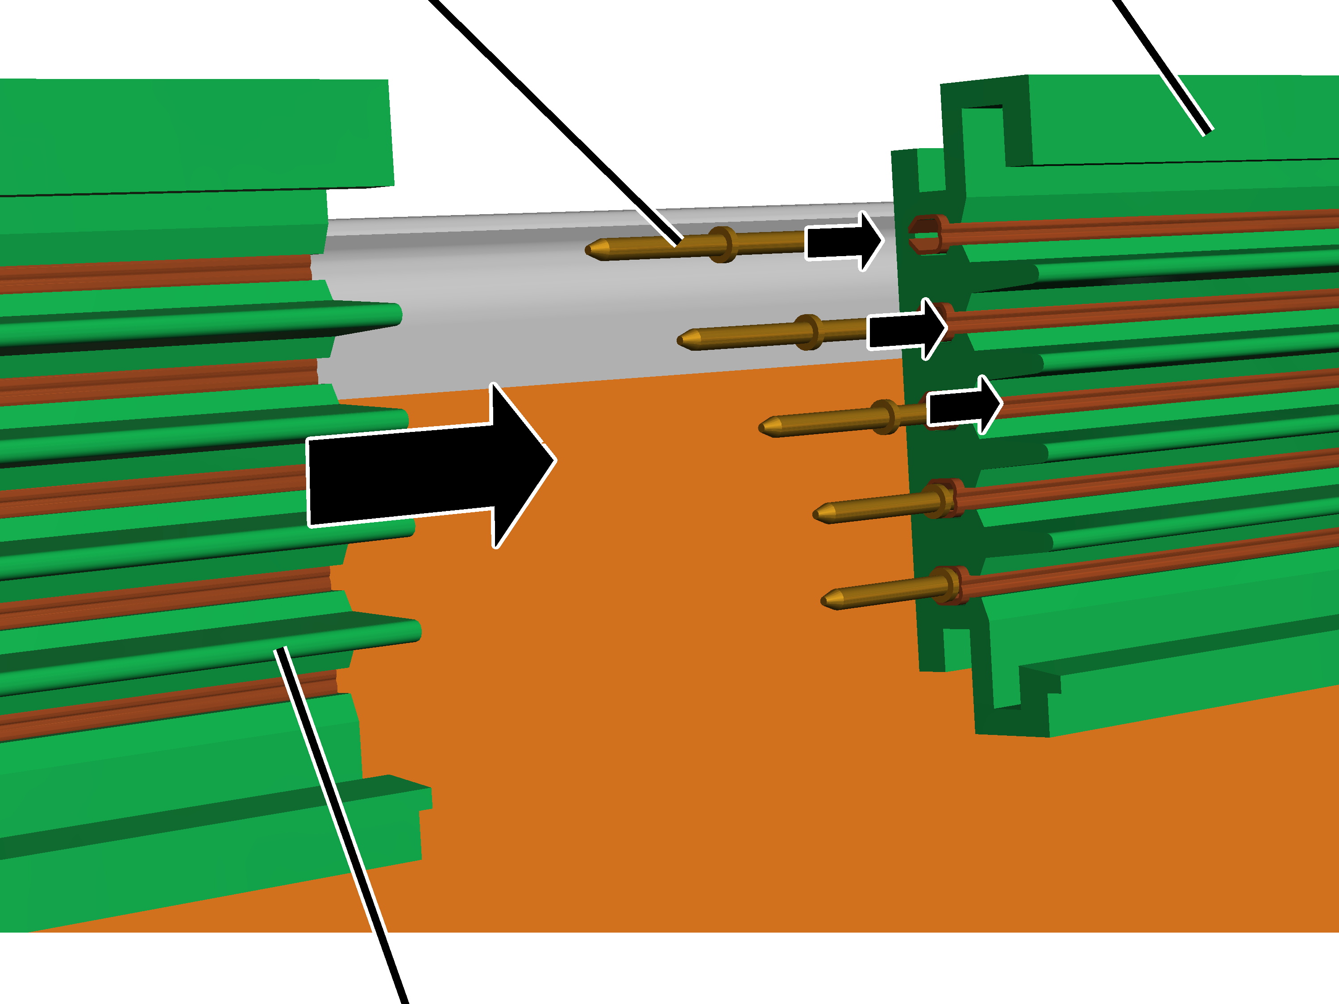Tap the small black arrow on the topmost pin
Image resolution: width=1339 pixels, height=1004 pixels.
pos(841,241)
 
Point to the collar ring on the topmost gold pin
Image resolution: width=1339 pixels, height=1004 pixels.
pos(722,244)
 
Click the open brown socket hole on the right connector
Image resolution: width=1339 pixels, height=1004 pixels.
pos(924,234)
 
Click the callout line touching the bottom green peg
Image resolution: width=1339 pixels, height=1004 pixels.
pos(339,817)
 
